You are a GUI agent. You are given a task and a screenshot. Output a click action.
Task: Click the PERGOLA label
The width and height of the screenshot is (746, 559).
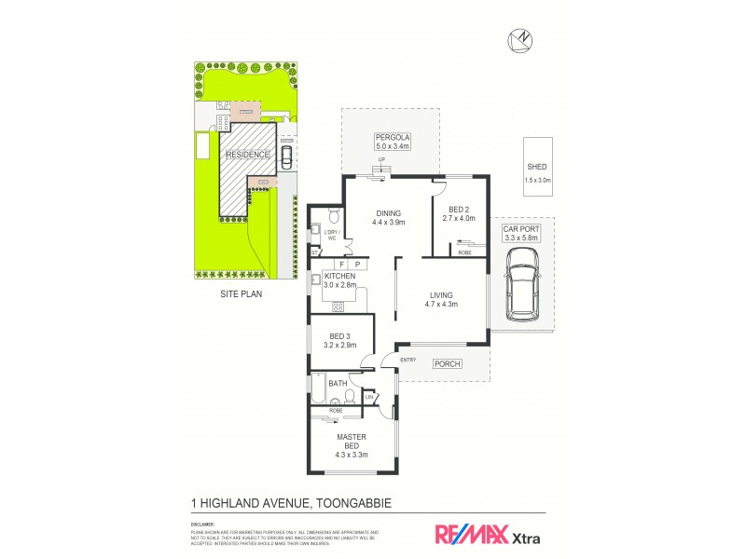(393, 137)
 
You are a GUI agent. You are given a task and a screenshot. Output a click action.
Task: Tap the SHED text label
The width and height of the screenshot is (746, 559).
(538, 168)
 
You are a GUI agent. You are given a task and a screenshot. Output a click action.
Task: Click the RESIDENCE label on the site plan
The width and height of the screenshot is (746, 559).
(247, 155)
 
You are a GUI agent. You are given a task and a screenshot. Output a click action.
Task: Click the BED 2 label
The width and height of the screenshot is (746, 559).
(459, 210)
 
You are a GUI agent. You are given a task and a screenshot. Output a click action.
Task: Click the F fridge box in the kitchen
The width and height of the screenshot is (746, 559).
(341, 265)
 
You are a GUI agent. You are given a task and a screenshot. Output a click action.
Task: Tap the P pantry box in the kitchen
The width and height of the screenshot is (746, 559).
(357, 265)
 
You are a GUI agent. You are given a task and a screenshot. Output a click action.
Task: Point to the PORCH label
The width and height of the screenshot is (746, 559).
(448, 363)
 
